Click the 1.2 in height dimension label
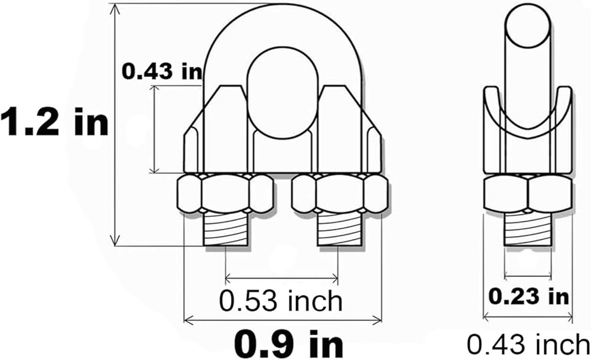click(54, 121)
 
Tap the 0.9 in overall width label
click(289, 344)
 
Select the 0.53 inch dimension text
click(281, 301)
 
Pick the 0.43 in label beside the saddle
click(162, 72)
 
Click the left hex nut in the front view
click(225, 193)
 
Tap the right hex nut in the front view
click(340, 193)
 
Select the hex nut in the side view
click(528, 194)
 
